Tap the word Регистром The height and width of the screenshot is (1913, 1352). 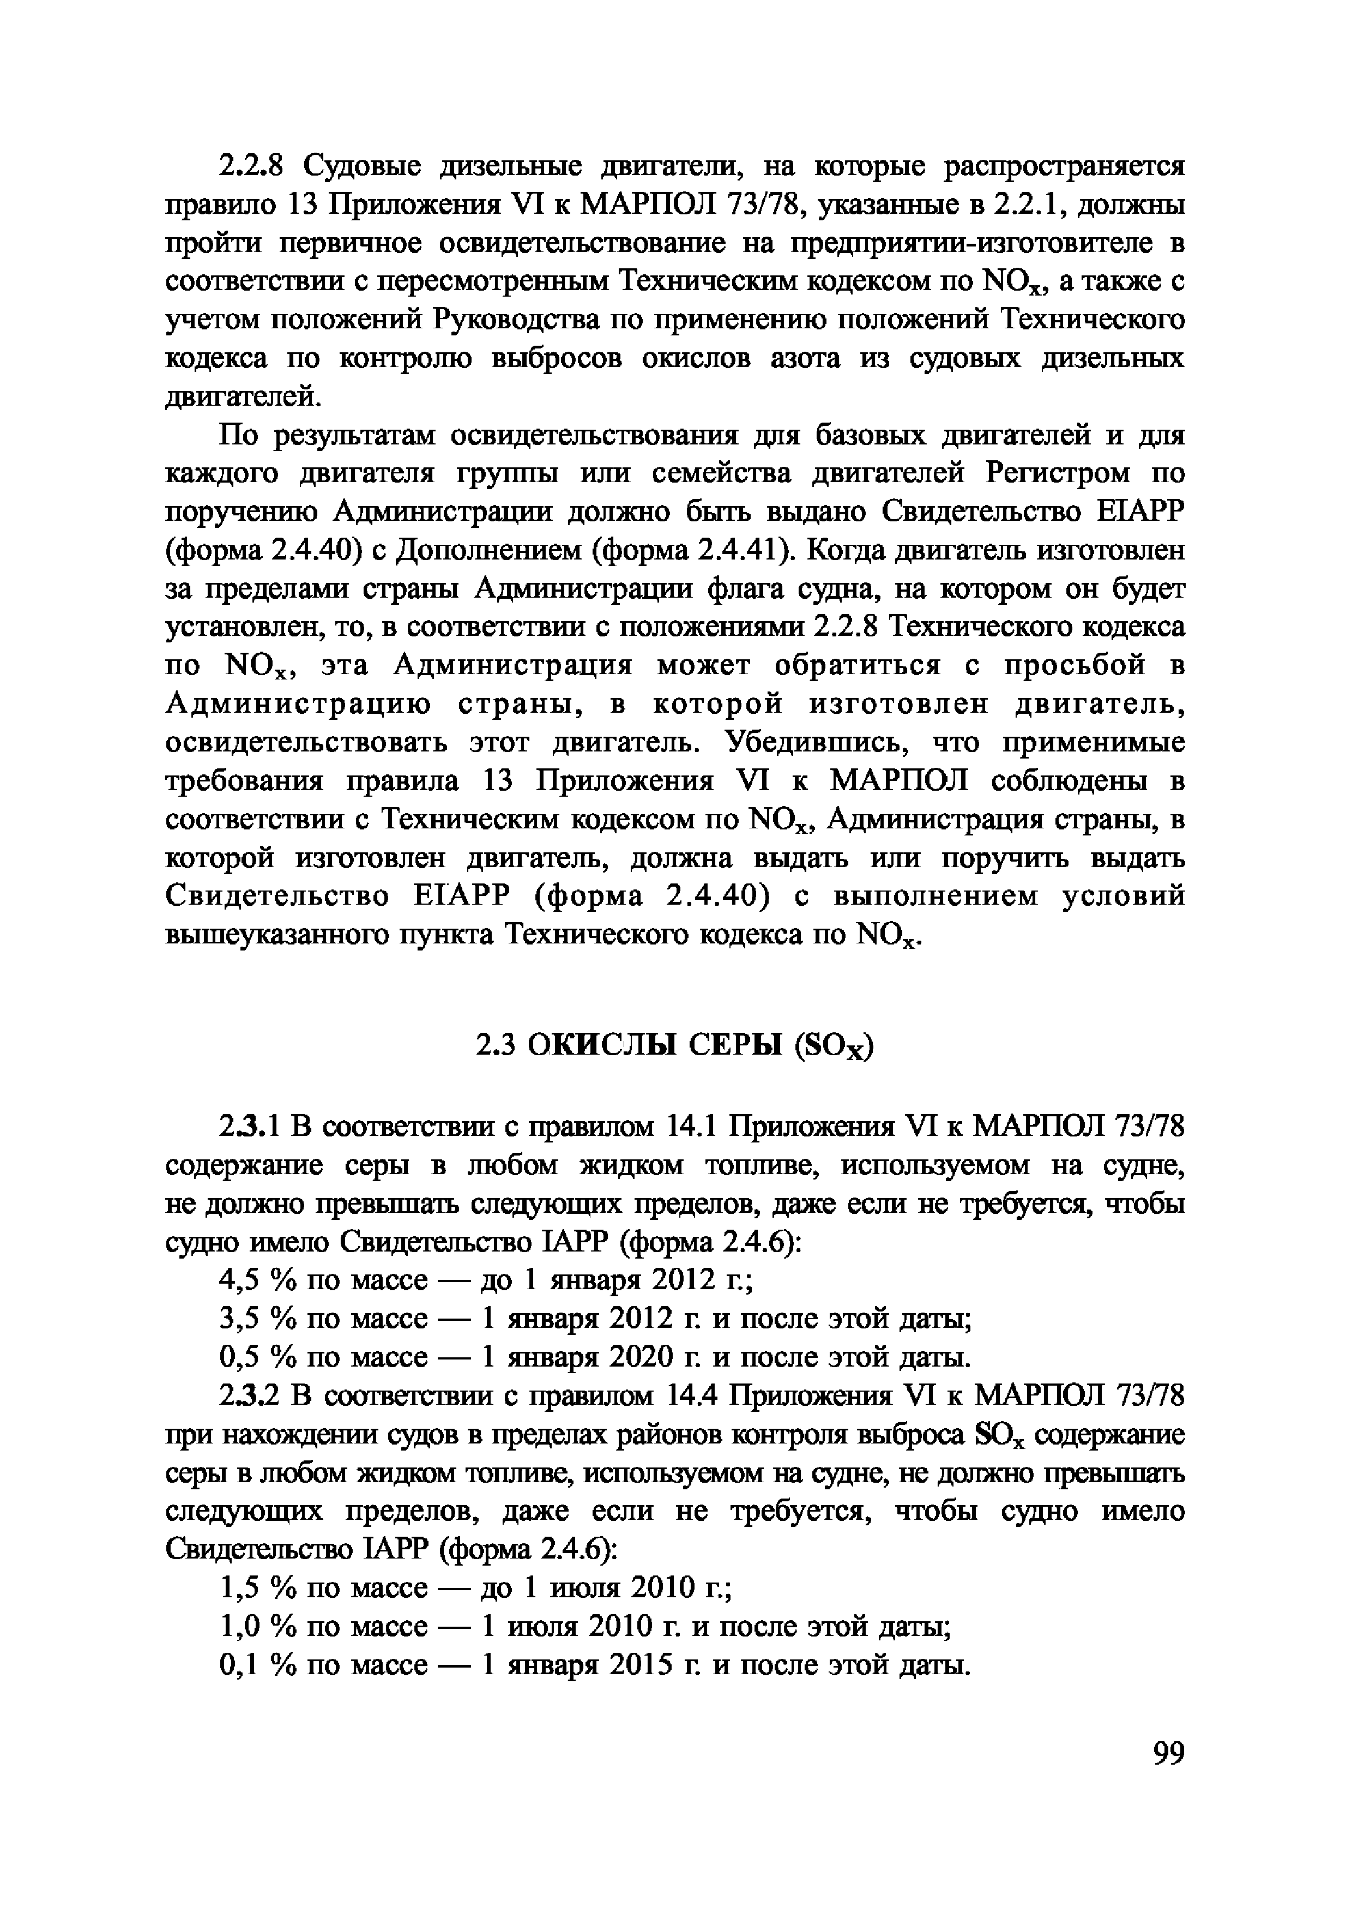pyautogui.click(x=1057, y=474)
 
